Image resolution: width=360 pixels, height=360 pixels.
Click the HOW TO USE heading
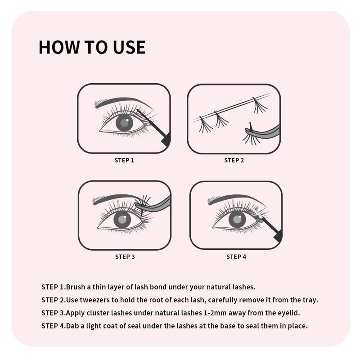coord(92,47)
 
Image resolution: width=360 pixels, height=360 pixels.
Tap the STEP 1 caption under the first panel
coord(124,160)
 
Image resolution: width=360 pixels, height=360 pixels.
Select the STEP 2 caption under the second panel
coord(234,160)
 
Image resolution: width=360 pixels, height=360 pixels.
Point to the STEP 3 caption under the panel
coord(125,256)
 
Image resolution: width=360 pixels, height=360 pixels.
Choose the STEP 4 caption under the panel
coord(236,256)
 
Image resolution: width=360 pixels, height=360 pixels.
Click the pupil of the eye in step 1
coord(124,122)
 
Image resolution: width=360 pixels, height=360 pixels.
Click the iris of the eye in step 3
coord(122,220)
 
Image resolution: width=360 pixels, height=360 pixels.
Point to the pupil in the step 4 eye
coord(237,220)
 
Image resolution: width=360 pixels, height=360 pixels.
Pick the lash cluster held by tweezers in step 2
coord(249,137)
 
